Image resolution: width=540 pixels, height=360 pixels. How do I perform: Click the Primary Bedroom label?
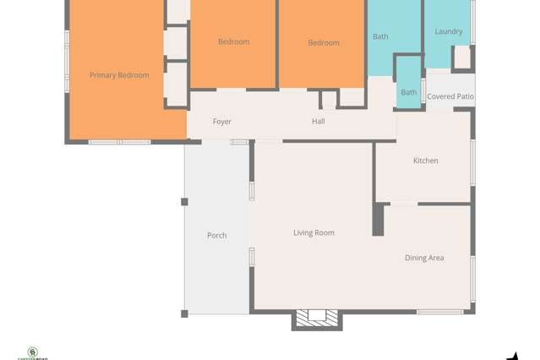pos(119,75)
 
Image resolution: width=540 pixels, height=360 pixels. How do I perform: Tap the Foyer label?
pos(221,122)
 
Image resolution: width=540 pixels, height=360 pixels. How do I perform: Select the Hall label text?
pos(318,122)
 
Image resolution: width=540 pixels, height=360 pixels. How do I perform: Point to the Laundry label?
pos(448,31)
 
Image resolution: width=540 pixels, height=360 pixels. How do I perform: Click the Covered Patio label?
pos(450,96)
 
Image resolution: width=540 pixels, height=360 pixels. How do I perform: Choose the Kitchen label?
pos(425,161)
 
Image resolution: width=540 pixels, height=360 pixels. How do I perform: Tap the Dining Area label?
pos(423,258)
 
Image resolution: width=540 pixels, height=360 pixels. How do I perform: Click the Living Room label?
pos(314,232)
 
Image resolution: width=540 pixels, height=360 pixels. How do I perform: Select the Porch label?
pos(216,235)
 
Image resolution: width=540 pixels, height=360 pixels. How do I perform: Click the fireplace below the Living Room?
pos(316,317)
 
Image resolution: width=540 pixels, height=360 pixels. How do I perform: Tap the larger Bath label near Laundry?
pos(380,36)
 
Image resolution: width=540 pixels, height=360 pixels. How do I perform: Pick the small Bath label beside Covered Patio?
pos(408,92)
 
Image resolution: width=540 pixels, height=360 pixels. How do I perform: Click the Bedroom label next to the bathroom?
pos(323,42)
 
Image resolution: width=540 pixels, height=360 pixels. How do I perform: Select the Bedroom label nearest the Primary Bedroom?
pos(233,41)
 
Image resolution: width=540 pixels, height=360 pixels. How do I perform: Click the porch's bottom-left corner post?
pos(184,314)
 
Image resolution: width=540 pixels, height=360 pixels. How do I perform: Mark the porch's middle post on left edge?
pos(184,202)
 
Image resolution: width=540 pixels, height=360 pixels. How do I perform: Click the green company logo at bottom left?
pos(33,352)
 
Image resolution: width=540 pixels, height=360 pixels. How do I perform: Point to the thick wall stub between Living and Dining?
pos(378,219)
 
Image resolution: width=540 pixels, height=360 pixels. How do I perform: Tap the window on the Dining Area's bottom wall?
pos(439,312)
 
